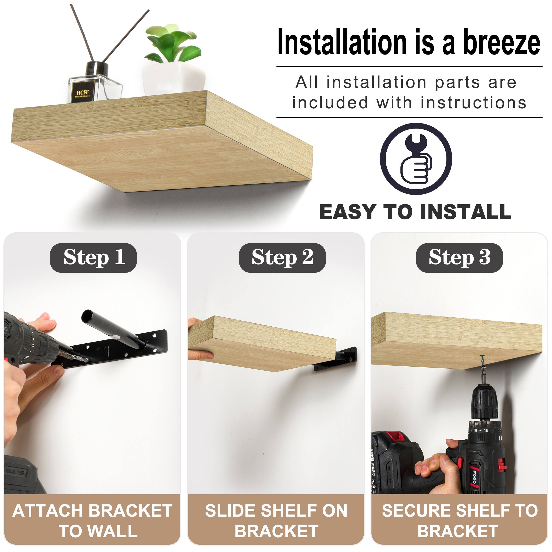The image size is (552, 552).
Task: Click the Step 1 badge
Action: coord(93,258)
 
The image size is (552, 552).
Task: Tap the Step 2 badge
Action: coord(282,258)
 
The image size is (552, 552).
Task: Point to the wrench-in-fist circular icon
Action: coord(416,159)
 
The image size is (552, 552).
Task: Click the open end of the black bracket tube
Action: coord(87,316)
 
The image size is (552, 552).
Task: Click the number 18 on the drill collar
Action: coord(486,430)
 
